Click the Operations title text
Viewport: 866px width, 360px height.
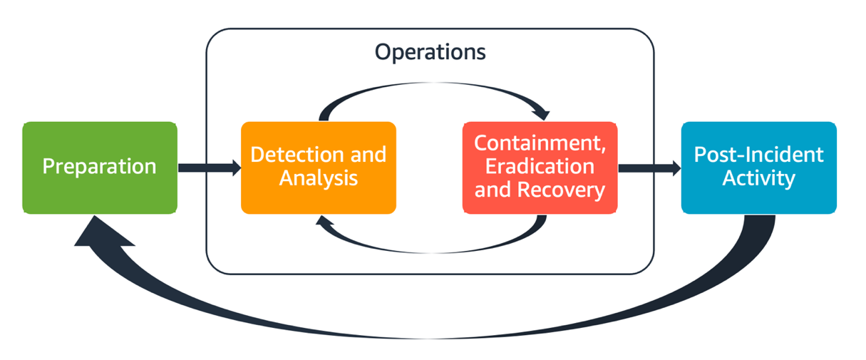tap(430, 52)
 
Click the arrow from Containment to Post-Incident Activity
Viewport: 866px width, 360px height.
tap(649, 168)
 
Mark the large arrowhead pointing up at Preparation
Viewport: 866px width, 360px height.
tap(100, 232)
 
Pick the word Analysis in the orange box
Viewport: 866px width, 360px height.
tap(319, 178)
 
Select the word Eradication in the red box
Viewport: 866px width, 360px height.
tap(540, 166)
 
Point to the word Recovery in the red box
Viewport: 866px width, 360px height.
tap(562, 190)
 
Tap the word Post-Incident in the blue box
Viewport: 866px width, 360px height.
tap(758, 155)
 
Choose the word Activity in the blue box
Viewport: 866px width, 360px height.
tap(758, 178)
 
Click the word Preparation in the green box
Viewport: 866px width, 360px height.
tap(99, 167)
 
